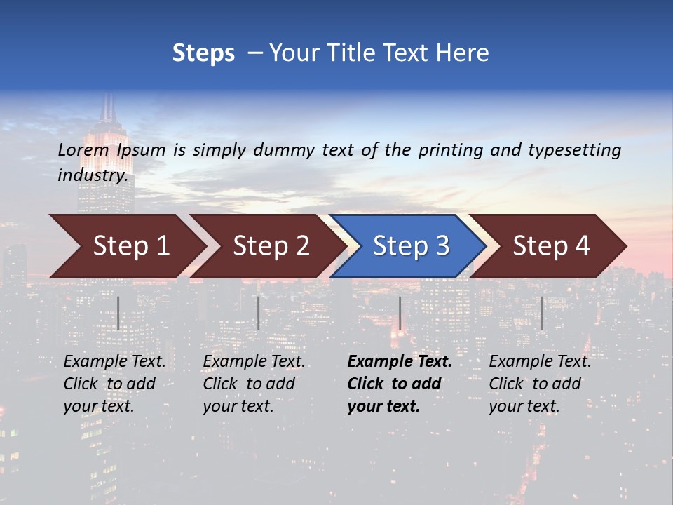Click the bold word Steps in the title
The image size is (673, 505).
point(203,53)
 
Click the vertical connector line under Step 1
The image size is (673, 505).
point(118,313)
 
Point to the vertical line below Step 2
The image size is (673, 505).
point(259,313)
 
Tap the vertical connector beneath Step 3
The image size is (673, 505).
point(400,313)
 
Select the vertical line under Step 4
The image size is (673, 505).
point(542,313)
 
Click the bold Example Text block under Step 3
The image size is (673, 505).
point(399,384)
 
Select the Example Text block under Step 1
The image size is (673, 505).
point(114,384)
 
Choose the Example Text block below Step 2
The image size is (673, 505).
point(254,384)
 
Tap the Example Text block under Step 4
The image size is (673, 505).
point(540,384)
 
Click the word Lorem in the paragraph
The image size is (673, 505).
point(83,150)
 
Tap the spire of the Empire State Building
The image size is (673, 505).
point(108,107)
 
